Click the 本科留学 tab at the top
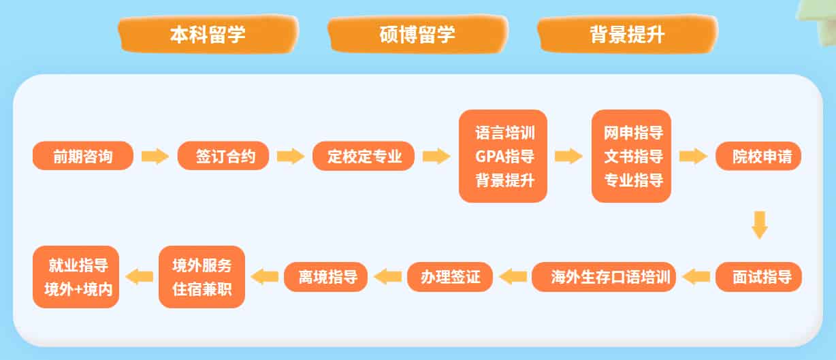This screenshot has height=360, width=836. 208,35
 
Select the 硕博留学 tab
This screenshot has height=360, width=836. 417,35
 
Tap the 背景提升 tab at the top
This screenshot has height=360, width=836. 626,35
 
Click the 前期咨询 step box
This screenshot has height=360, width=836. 83,157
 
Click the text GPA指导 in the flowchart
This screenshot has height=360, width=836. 504,157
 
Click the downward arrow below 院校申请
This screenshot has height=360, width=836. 760,225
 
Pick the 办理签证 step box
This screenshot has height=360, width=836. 450,277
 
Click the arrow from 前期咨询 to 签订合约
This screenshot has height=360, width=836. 155,157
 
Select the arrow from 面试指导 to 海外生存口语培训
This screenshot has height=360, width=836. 696,277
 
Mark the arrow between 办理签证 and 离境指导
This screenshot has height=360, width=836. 388,277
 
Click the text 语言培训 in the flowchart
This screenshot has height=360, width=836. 504,132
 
